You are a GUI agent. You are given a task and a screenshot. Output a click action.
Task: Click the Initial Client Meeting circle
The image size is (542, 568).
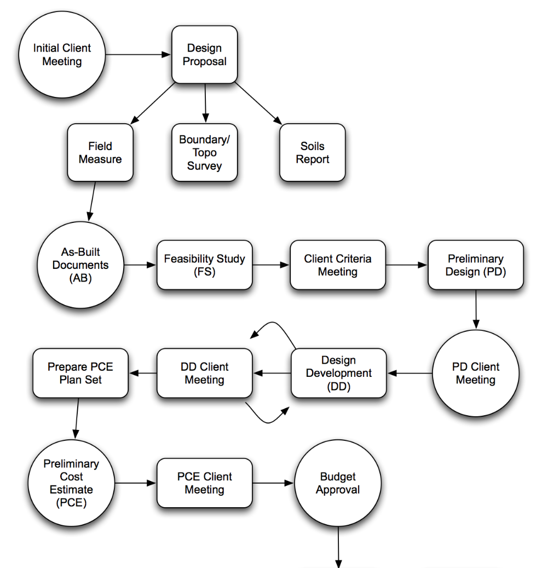pos(62,55)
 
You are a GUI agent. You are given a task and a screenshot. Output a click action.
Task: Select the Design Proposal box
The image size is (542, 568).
pos(204,55)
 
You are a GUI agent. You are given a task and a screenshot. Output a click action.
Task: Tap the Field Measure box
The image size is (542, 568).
pos(100,153)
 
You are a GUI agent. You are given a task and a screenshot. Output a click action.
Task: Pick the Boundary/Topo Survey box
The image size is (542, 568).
pos(204,153)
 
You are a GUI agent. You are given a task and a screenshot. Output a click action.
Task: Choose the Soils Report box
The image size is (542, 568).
pos(312,153)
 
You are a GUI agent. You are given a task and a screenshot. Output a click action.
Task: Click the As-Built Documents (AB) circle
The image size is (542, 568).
pos(81,265)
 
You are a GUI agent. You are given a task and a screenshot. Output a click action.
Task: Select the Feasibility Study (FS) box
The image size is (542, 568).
pos(204,265)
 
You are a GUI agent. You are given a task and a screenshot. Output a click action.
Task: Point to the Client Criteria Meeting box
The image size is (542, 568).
pos(337,265)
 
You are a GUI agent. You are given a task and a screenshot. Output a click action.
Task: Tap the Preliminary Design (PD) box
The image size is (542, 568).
pos(475,265)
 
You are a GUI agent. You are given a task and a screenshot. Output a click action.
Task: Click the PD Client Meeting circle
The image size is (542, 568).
pos(475,374)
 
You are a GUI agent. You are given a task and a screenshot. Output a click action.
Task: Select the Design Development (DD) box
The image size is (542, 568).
pos(338,374)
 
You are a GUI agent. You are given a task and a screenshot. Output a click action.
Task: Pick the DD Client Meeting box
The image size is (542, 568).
pos(204,374)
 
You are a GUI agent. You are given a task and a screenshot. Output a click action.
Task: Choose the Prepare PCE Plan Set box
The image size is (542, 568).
pos(80,374)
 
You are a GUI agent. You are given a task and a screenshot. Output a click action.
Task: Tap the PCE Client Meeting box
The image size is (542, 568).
pos(204,484)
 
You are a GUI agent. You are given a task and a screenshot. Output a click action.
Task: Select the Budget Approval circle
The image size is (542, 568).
pos(338,484)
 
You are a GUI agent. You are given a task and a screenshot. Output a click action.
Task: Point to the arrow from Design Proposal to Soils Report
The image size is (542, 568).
pos(257,104)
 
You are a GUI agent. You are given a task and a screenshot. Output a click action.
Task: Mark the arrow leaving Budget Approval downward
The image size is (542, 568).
pos(338,548)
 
